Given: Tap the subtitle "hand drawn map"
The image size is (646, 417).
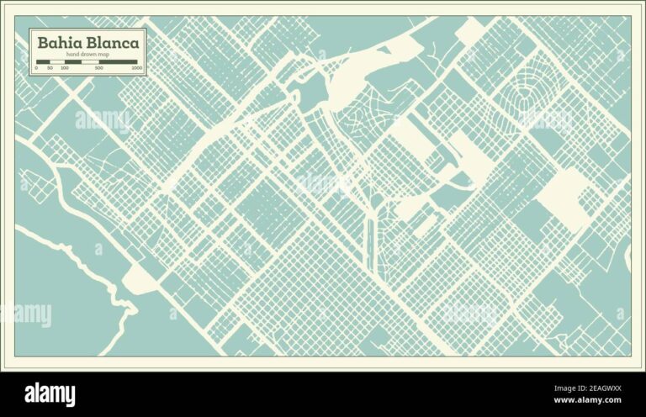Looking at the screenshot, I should click(87, 55).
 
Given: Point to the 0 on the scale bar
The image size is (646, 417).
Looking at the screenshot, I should click(37, 67).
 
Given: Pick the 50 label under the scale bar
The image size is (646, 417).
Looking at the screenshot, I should click(50, 67).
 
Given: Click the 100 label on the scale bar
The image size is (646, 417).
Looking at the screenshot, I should click(65, 67).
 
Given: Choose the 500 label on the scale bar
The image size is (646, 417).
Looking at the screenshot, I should click(99, 67).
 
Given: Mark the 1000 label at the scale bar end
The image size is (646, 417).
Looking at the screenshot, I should click(136, 67).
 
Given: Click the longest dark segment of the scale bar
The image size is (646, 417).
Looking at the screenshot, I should click(119, 61).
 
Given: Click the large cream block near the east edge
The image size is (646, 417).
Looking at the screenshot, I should click(562, 197).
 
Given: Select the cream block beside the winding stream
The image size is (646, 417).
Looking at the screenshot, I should click(140, 282).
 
